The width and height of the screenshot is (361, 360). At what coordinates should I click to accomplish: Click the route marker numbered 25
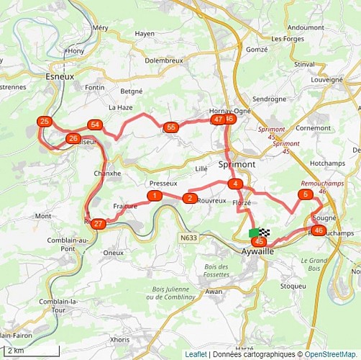(45, 122)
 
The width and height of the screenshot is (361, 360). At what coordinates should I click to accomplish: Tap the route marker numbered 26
(72, 138)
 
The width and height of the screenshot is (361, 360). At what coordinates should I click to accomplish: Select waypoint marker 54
(94, 125)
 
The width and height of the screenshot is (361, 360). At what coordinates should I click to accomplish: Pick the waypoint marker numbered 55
(170, 127)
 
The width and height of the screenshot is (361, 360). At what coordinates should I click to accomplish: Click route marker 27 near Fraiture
(99, 224)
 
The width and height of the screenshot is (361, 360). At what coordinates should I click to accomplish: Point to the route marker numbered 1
(154, 196)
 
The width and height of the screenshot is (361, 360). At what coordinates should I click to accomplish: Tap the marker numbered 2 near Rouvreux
(189, 198)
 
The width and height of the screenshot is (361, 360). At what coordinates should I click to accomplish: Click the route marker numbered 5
(306, 194)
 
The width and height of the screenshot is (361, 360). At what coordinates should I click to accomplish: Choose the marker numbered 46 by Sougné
(319, 230)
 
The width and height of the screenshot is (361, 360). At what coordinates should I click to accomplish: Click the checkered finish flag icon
(265, 233)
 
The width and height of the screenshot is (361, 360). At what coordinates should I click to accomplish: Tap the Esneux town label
(60, 76)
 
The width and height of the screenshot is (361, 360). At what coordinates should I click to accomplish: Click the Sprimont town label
(236, 164)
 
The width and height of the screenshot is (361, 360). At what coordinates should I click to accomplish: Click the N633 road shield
(189, 238)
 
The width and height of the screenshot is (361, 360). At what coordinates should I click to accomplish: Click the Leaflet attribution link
(196, 354)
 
